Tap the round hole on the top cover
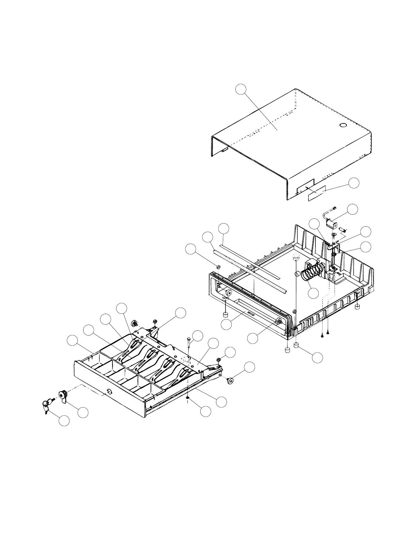tap(343, 126)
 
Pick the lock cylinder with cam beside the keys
tap(64, 396)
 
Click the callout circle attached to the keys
tap(64, 421)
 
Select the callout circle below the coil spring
tap(313, 293)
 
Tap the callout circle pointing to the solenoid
tap(353, 209)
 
